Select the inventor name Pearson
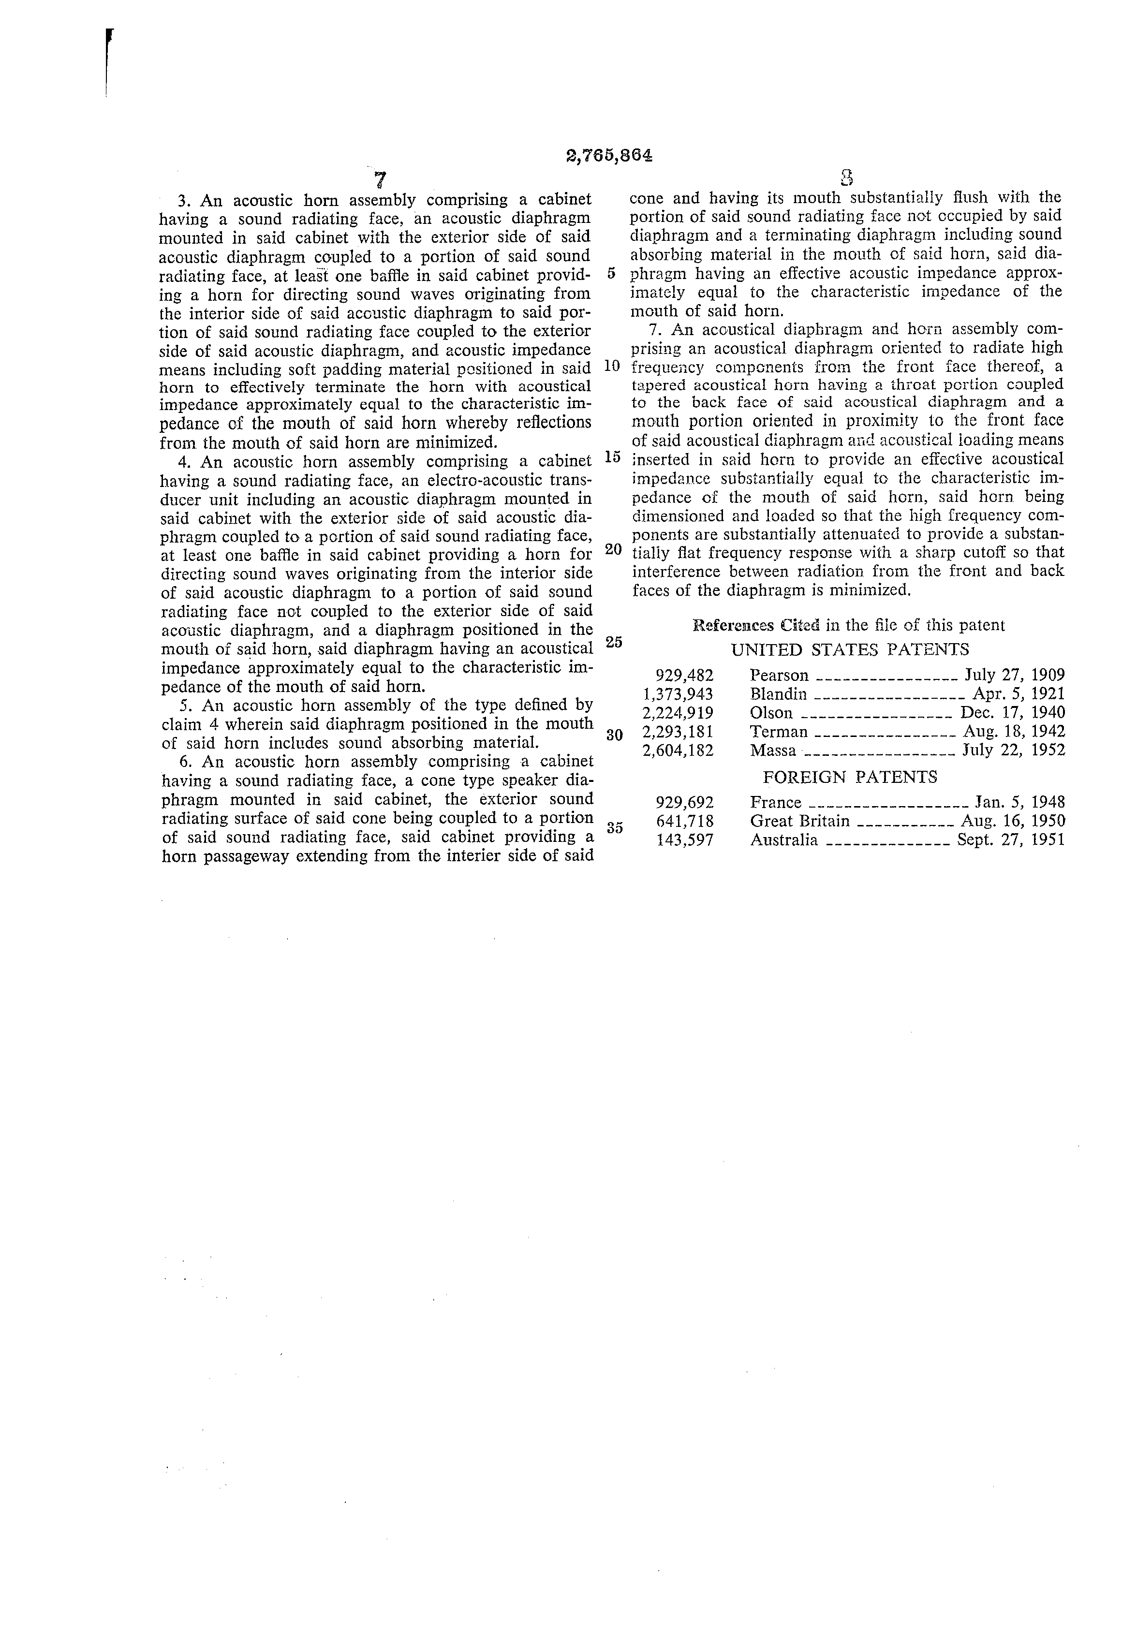(779, 675)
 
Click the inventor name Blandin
(778, 694)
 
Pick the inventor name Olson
(771, 713)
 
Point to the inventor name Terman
(778, 732)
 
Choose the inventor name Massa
(773, 750)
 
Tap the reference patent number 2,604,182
(678, 750)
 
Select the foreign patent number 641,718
(685, 821)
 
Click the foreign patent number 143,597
(685, 840)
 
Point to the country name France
(775, 803)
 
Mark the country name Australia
(783, 840)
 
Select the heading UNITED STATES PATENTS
(850, 649)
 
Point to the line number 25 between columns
(614, 642)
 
